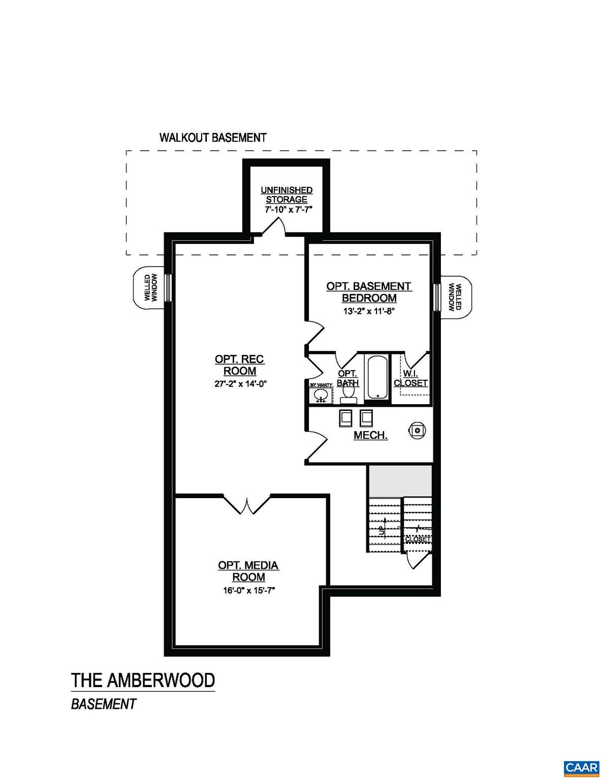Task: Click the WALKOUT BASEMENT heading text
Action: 213,138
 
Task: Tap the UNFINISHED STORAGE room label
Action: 287,195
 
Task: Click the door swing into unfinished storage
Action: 274,227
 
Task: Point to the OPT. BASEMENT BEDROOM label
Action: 369,292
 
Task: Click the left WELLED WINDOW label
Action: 151,287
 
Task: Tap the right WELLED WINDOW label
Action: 455,297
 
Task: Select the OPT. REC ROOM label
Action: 239,365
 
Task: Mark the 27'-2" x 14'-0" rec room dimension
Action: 240,384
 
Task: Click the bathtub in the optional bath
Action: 377,377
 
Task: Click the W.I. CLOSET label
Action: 410,378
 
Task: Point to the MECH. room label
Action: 370,435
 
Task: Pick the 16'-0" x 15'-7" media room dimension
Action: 248,590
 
